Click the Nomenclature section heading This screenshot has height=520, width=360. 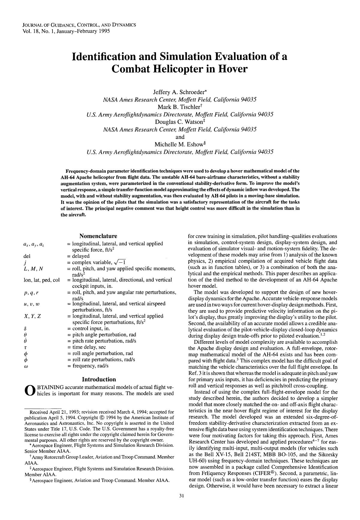click(x=98, y=236)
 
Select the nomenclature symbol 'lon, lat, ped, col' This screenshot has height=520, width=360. click(x=41, y=280)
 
